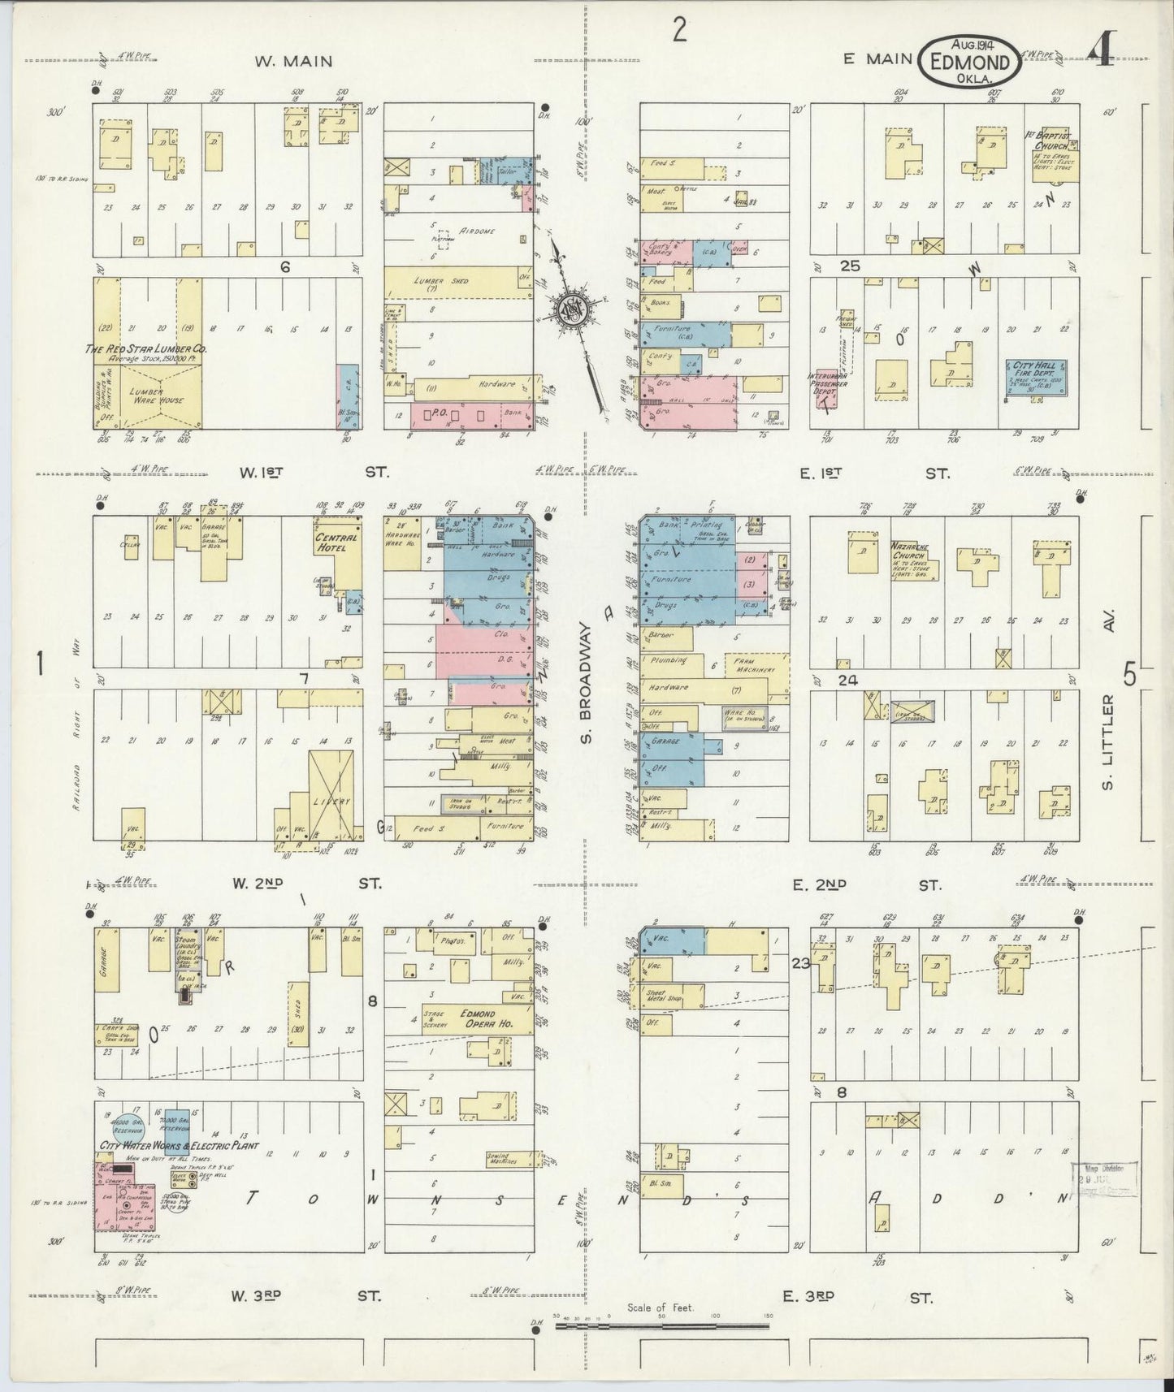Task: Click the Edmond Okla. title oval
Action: tap(970, 60)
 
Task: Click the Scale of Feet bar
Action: tap(662, 1326)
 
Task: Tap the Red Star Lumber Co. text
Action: tap(147, 348)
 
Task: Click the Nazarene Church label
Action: tap(912, 551)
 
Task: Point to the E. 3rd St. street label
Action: tap(856, 1297)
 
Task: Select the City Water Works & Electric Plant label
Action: tap(178, 1146)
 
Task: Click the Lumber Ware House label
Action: tap(162, 396)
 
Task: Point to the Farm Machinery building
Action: tap(756, 666)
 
